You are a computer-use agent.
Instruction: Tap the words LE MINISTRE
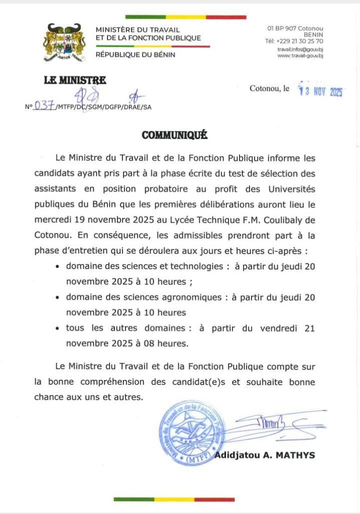[75, 80]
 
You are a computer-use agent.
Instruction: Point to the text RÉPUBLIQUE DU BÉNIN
[136, 55]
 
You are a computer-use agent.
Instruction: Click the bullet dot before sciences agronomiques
[59, 298]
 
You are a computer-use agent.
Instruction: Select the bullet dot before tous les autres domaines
[59, 328]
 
